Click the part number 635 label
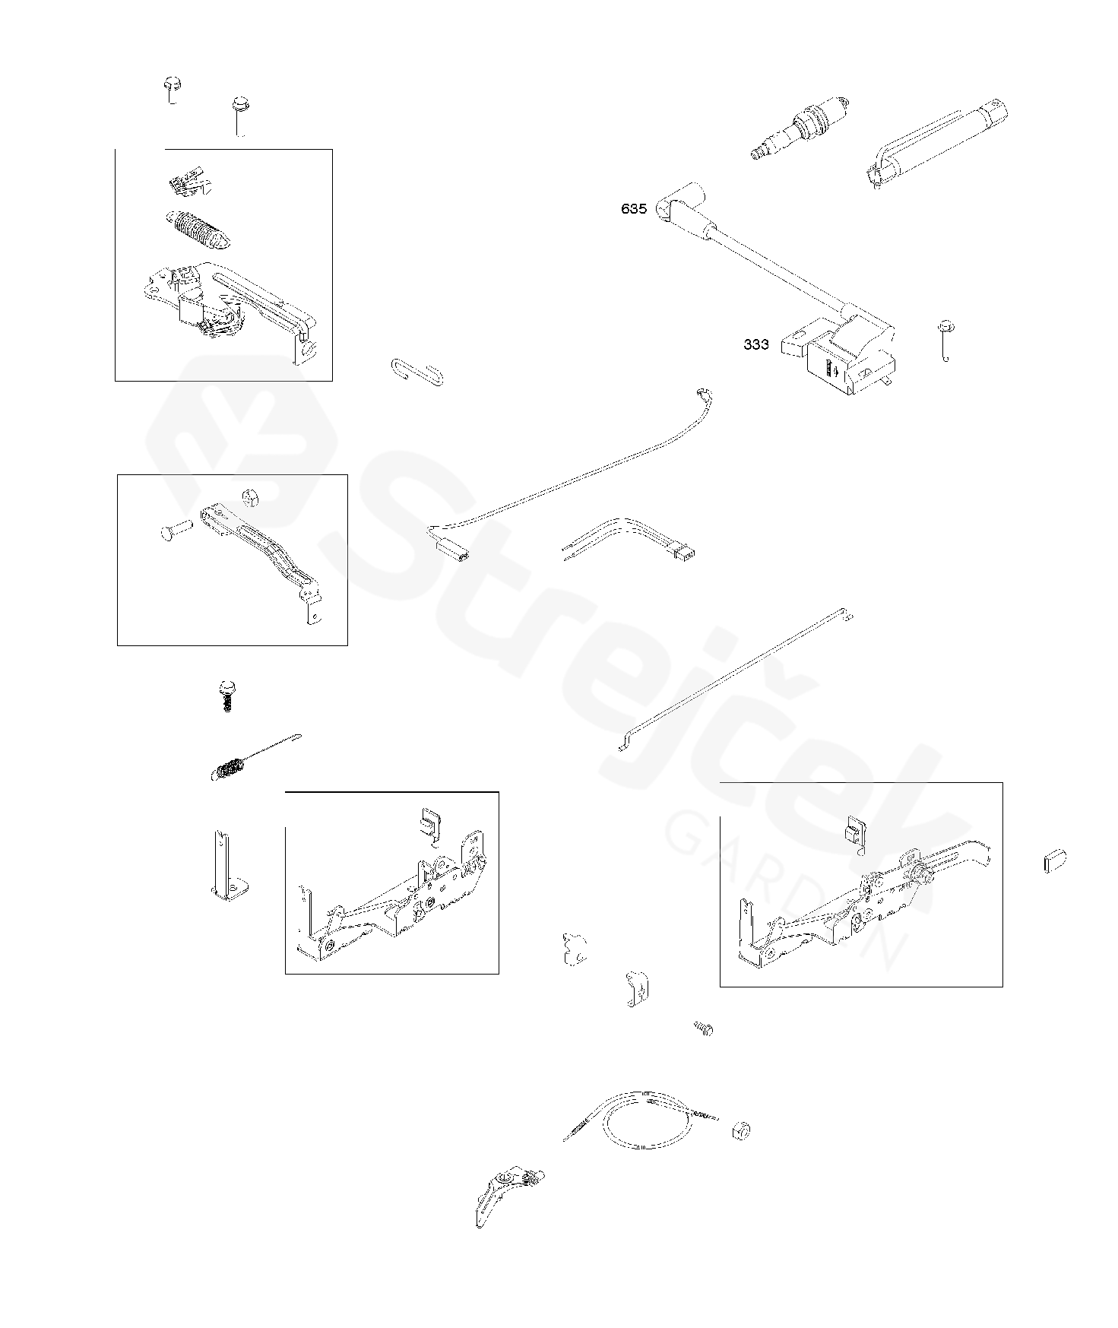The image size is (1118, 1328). click(x=634, y=209)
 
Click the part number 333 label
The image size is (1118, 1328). click(x=756, y=344)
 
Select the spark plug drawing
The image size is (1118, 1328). click(x=797, y=128)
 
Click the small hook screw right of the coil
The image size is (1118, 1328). click(x=946, y=340)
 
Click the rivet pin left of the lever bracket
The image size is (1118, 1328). click(x=176, y=530)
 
